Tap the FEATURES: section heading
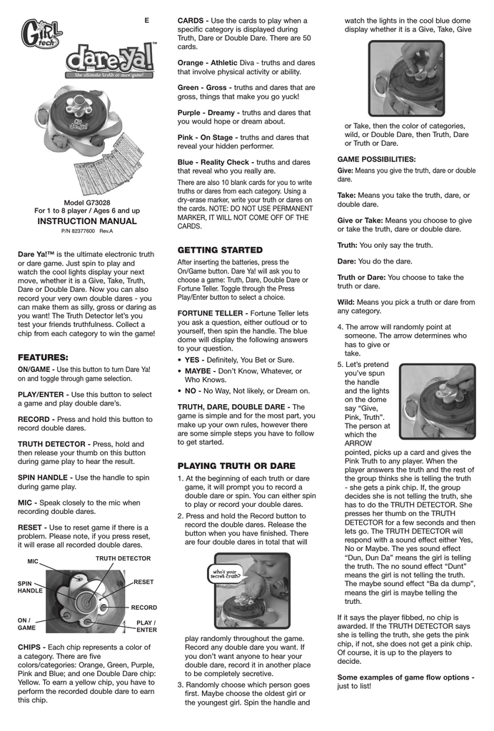click(43, 356)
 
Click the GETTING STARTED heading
click(220, 250)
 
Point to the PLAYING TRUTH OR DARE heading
click(236, 465)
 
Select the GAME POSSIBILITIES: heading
click(376, 158)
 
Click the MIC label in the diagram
click(33, 562)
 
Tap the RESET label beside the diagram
click(143, 582)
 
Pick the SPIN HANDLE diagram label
click(30, 588)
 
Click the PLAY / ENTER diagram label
click(146, 626)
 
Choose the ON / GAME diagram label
click(27, 624)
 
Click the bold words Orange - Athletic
click(207, 62)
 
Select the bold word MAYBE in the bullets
click(202, 371)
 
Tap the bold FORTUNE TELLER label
click(212, 313)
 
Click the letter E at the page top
click(146, 20)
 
